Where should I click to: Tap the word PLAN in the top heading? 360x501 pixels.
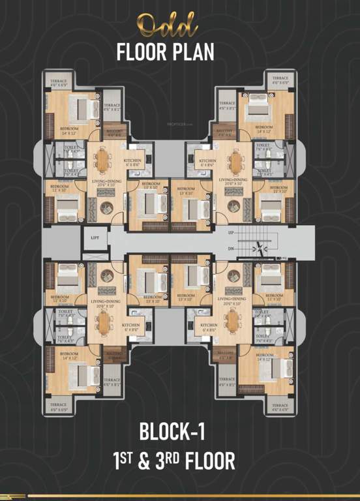tap(192, 52)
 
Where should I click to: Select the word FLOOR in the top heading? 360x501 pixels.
tap(140, 52)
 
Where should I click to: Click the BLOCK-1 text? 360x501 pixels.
tap(179, 432)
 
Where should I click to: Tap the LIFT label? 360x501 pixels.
tap(95, 239)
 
